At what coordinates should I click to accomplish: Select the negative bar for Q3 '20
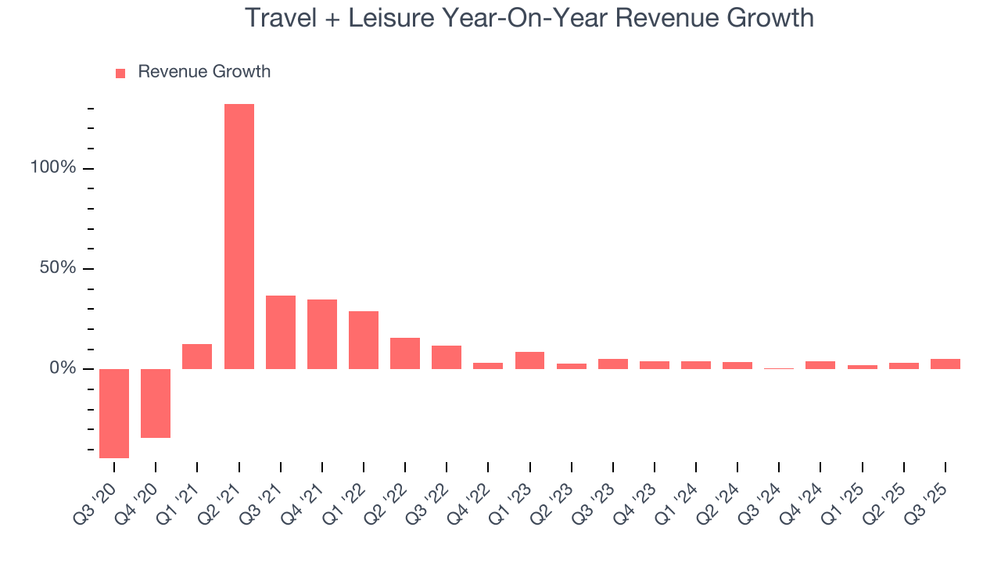coord(114,413)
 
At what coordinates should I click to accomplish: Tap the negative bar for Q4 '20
coord(156,403)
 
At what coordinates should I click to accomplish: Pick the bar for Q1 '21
coord(197,357)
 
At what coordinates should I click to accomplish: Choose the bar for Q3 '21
coord(280,332)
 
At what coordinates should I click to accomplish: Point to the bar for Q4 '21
coord(321,334)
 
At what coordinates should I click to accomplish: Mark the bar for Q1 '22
coord(363,340)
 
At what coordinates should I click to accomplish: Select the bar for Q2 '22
coord(405,353)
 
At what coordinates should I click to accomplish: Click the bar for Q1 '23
coord(529,360)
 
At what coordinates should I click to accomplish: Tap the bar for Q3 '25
coord(945,364)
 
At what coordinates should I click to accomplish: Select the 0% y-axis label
coord(63,368)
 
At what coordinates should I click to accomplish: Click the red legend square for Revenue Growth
coord(120,74)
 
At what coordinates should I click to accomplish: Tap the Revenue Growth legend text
coord(204,72)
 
